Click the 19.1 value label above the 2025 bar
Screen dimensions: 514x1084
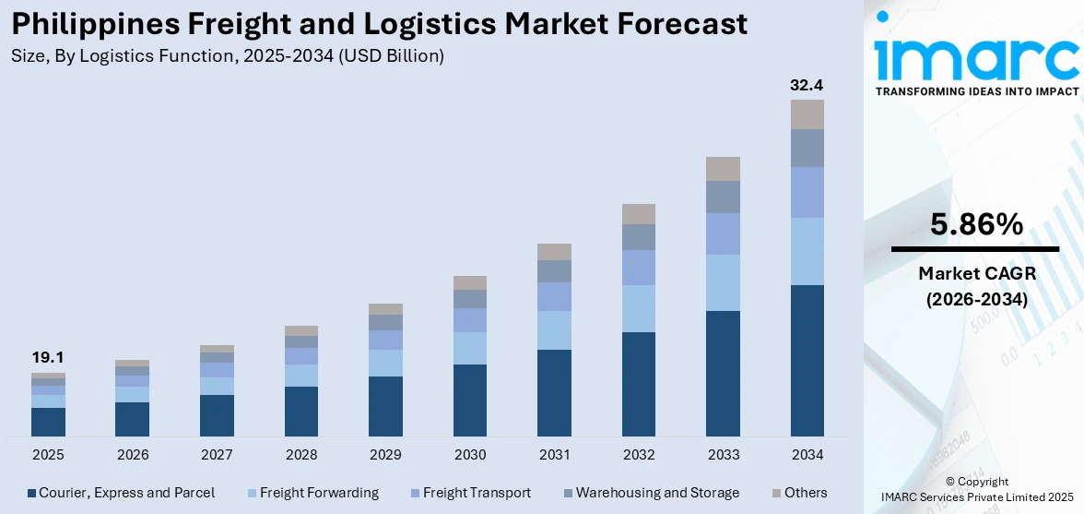[48, 358]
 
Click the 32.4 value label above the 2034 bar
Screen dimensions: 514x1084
[807, 85]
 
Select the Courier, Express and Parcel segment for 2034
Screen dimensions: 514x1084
[807, 360]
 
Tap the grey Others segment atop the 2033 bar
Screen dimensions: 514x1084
[723, 169]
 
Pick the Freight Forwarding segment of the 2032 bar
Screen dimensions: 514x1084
[638, 308]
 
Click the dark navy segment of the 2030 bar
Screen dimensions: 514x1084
[469, 400]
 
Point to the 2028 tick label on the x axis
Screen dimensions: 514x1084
[301, 455]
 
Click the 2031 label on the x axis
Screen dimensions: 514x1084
[554, 455]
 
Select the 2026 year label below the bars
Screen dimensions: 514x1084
[133, 455]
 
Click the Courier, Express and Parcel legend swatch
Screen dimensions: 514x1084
[32, 493]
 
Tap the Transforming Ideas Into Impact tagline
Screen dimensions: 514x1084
[975, 91]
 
